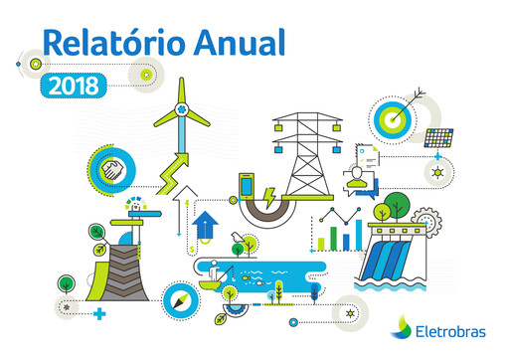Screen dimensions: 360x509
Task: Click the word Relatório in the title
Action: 107,43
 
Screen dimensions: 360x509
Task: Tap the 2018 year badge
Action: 74,86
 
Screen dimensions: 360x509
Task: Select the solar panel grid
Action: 437,138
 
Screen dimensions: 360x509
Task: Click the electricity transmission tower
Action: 308,149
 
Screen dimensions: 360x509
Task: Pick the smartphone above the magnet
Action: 247,186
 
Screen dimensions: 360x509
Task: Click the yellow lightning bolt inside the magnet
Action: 269,204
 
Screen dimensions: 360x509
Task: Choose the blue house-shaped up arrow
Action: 206,224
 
